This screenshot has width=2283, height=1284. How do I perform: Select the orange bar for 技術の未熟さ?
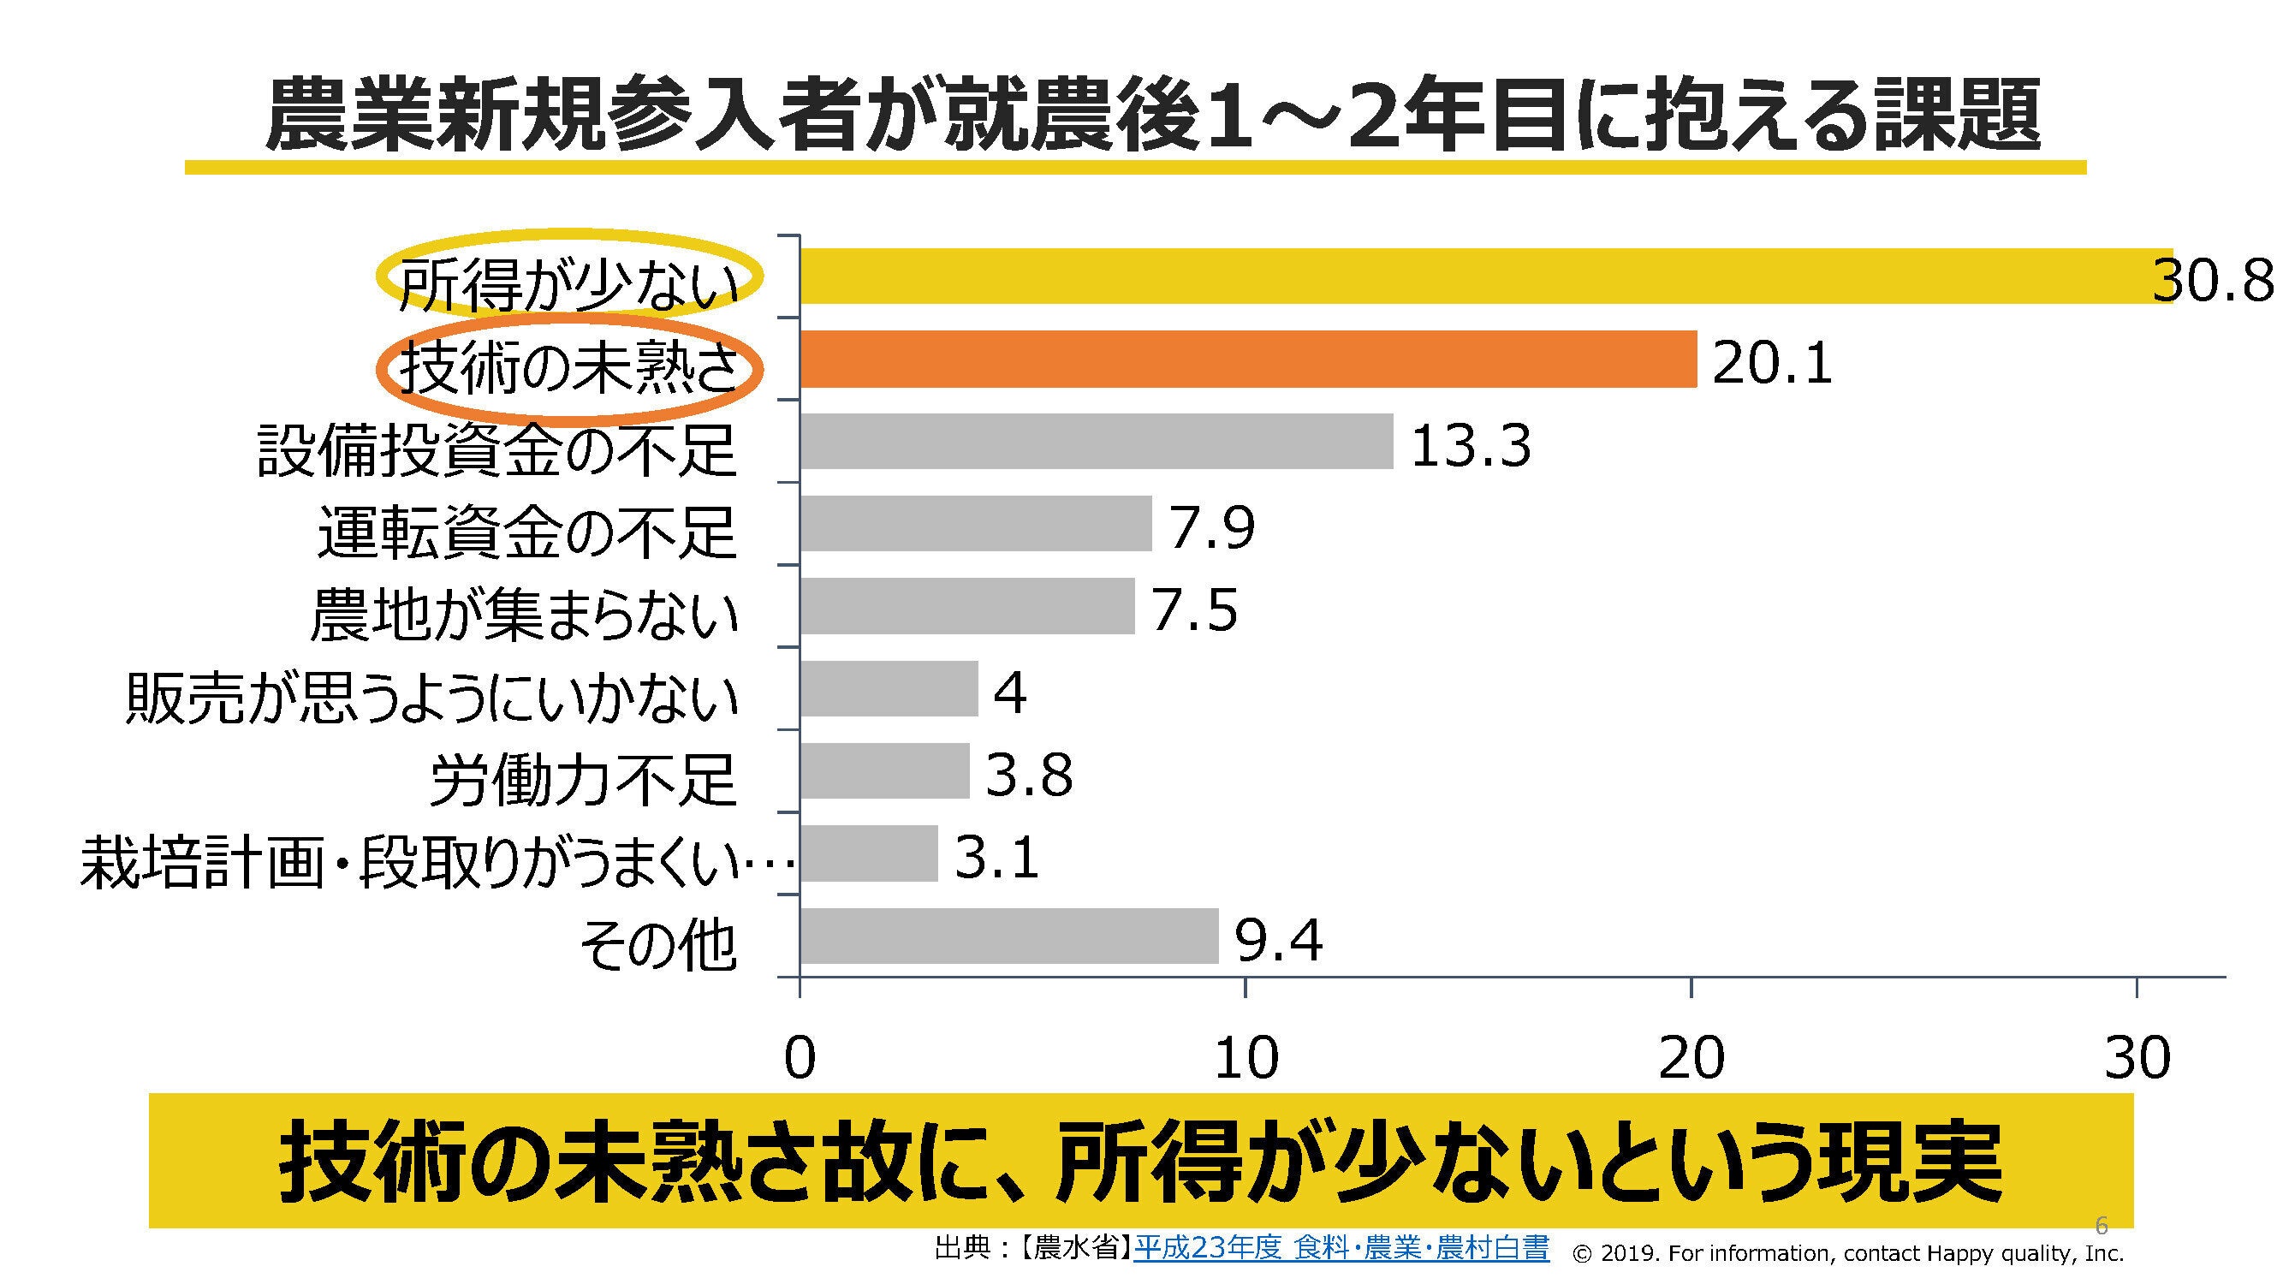pos(1248,359)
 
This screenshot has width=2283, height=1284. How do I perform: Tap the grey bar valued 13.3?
pos(1097,442)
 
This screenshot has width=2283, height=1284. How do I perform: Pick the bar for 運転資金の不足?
pos(975,524)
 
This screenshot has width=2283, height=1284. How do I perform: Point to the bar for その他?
pos(1008,936)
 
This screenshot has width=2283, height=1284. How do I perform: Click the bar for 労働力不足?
pos(884,771)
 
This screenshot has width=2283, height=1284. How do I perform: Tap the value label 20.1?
pos(1772,363)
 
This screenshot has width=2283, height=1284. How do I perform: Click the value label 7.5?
pos(1194,610)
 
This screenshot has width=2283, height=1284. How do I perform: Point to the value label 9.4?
pos(1279,940)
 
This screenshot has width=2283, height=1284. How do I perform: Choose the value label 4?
pos(1009,693)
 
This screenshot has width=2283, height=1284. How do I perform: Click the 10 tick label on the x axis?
pos(1246,1058)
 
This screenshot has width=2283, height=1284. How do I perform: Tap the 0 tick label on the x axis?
pos(800,1058)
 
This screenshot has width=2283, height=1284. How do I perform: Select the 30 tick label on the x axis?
pos(2137,1058)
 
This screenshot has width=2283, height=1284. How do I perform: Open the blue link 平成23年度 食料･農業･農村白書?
pos(1341,1250)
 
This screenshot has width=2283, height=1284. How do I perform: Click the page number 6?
pos(2101,1226)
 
